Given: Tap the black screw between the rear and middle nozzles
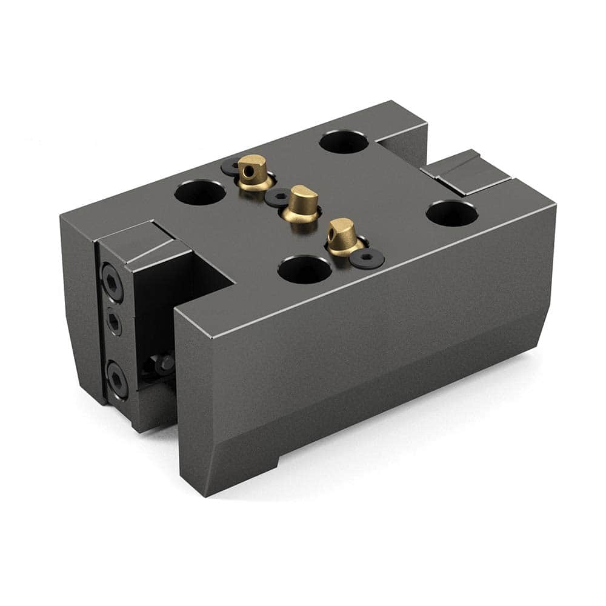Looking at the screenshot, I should point(278,196).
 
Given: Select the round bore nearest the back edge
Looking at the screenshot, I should point(343,142).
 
